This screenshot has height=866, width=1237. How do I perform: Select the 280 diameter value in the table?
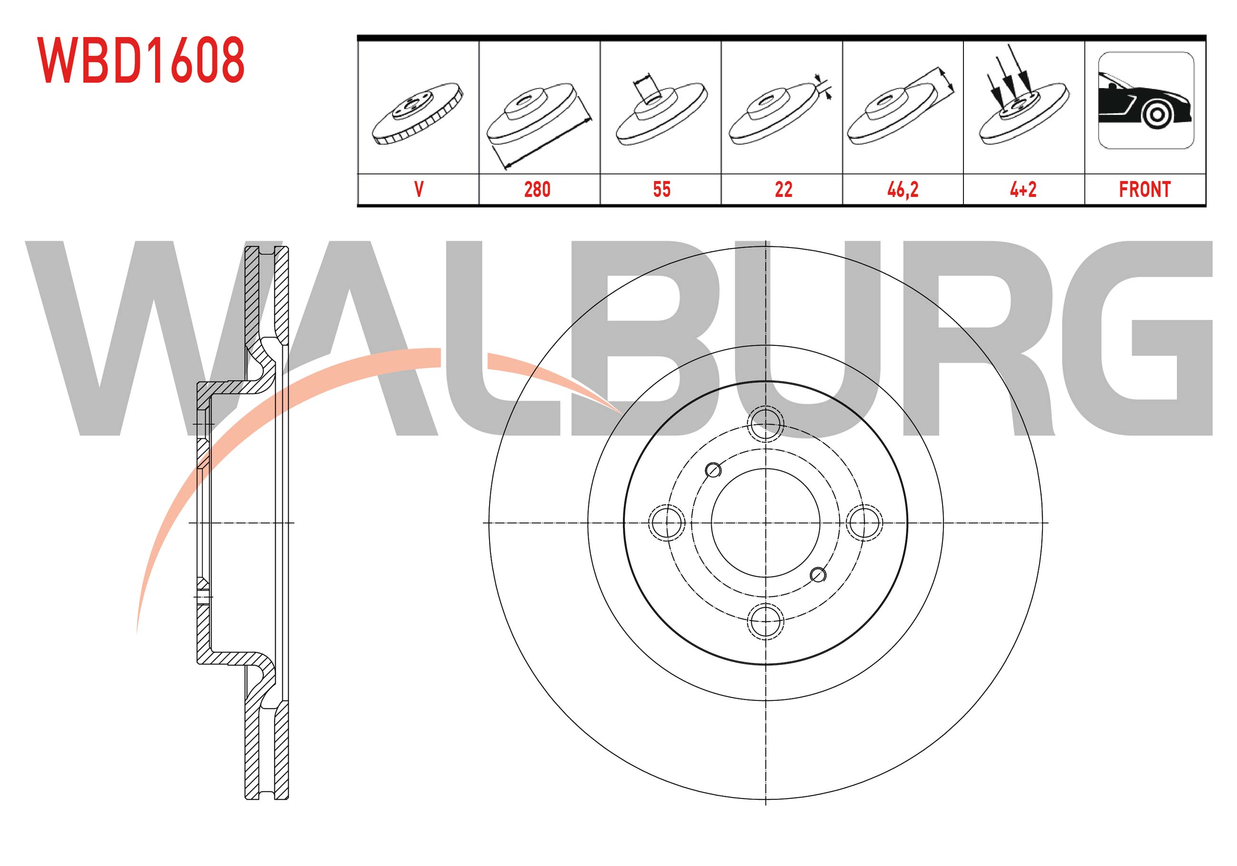(537, 189)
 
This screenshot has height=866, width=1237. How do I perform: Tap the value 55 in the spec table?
(662, 189)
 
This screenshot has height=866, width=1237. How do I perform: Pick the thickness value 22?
(784, 189)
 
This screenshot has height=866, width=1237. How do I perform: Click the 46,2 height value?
(903, 190)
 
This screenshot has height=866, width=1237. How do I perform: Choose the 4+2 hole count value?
(1023, 189)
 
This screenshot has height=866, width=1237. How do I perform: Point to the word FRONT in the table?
(1145, 189)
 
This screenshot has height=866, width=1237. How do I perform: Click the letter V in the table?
(419, 189)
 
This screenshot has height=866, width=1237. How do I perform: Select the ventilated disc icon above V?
(418, 114)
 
